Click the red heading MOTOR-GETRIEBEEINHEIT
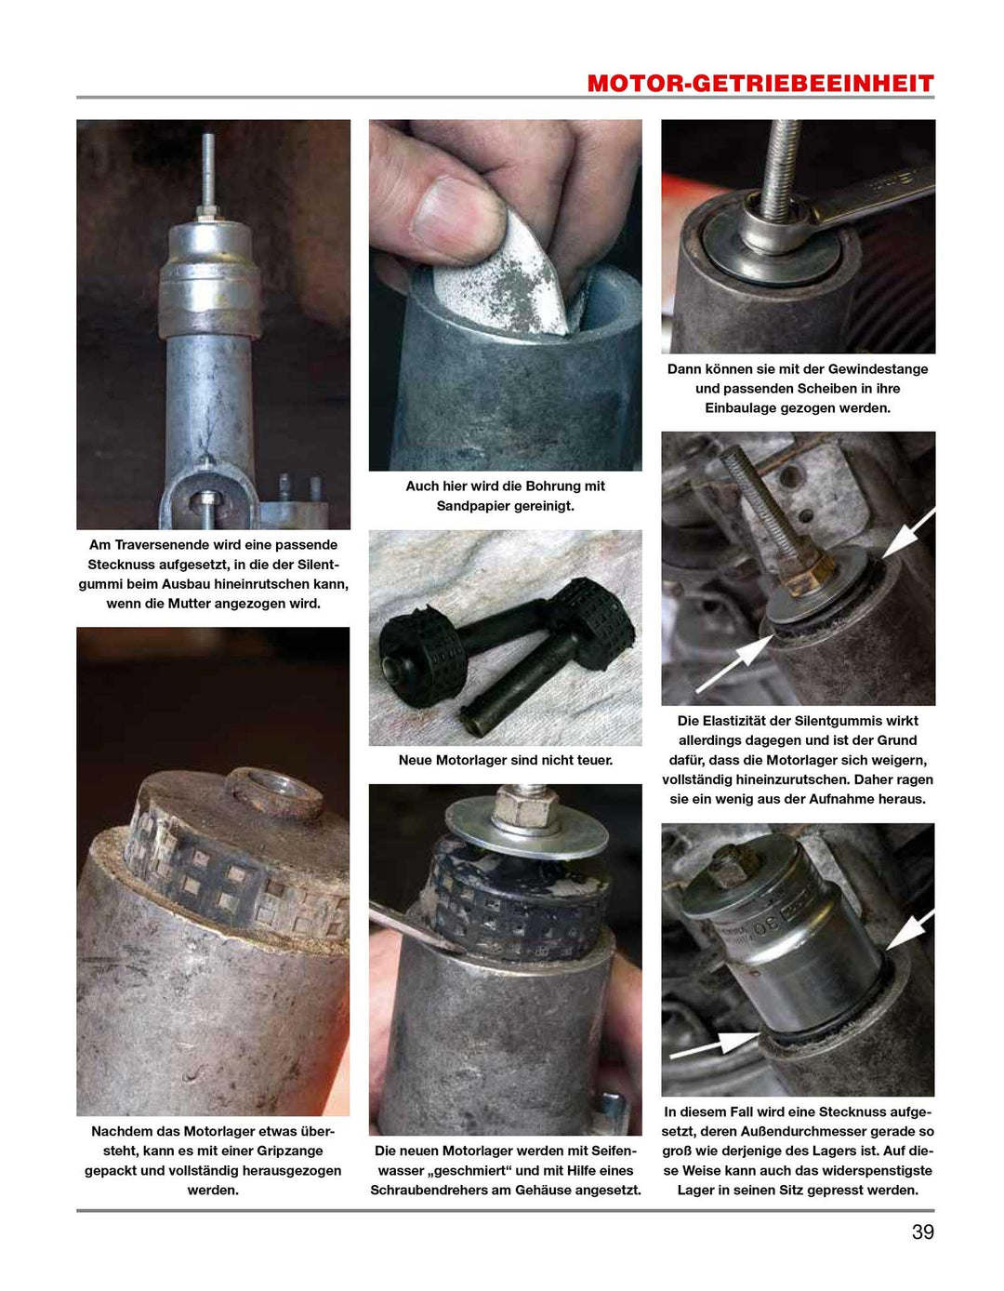[x=760, y=84]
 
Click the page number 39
[x=922, y=1232]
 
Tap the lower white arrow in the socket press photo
[x=716, y=1046]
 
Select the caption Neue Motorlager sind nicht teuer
[x=505, y=761]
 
